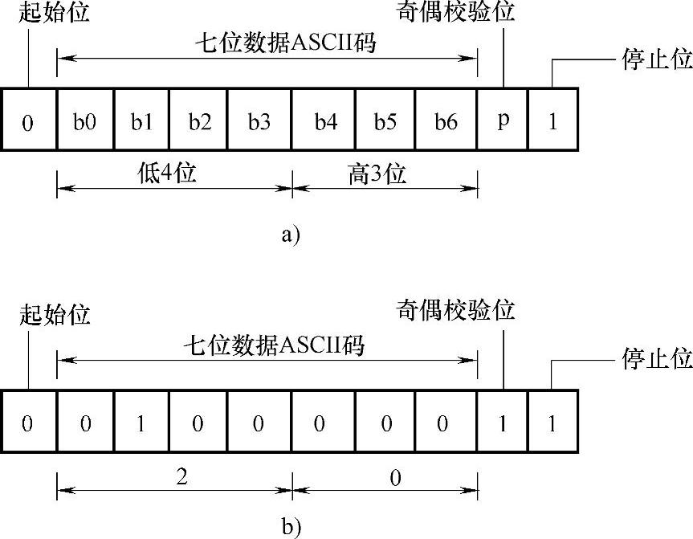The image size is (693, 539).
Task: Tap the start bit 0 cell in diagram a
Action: pos(28,121)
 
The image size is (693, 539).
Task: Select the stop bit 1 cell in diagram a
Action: pos(553,121)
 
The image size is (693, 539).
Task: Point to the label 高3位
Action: pos(377,174)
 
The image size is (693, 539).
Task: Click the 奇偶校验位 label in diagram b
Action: pos(455,310)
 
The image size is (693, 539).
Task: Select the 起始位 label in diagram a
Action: pos(54,14)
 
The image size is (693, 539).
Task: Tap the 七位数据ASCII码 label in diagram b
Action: pos(274,346)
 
